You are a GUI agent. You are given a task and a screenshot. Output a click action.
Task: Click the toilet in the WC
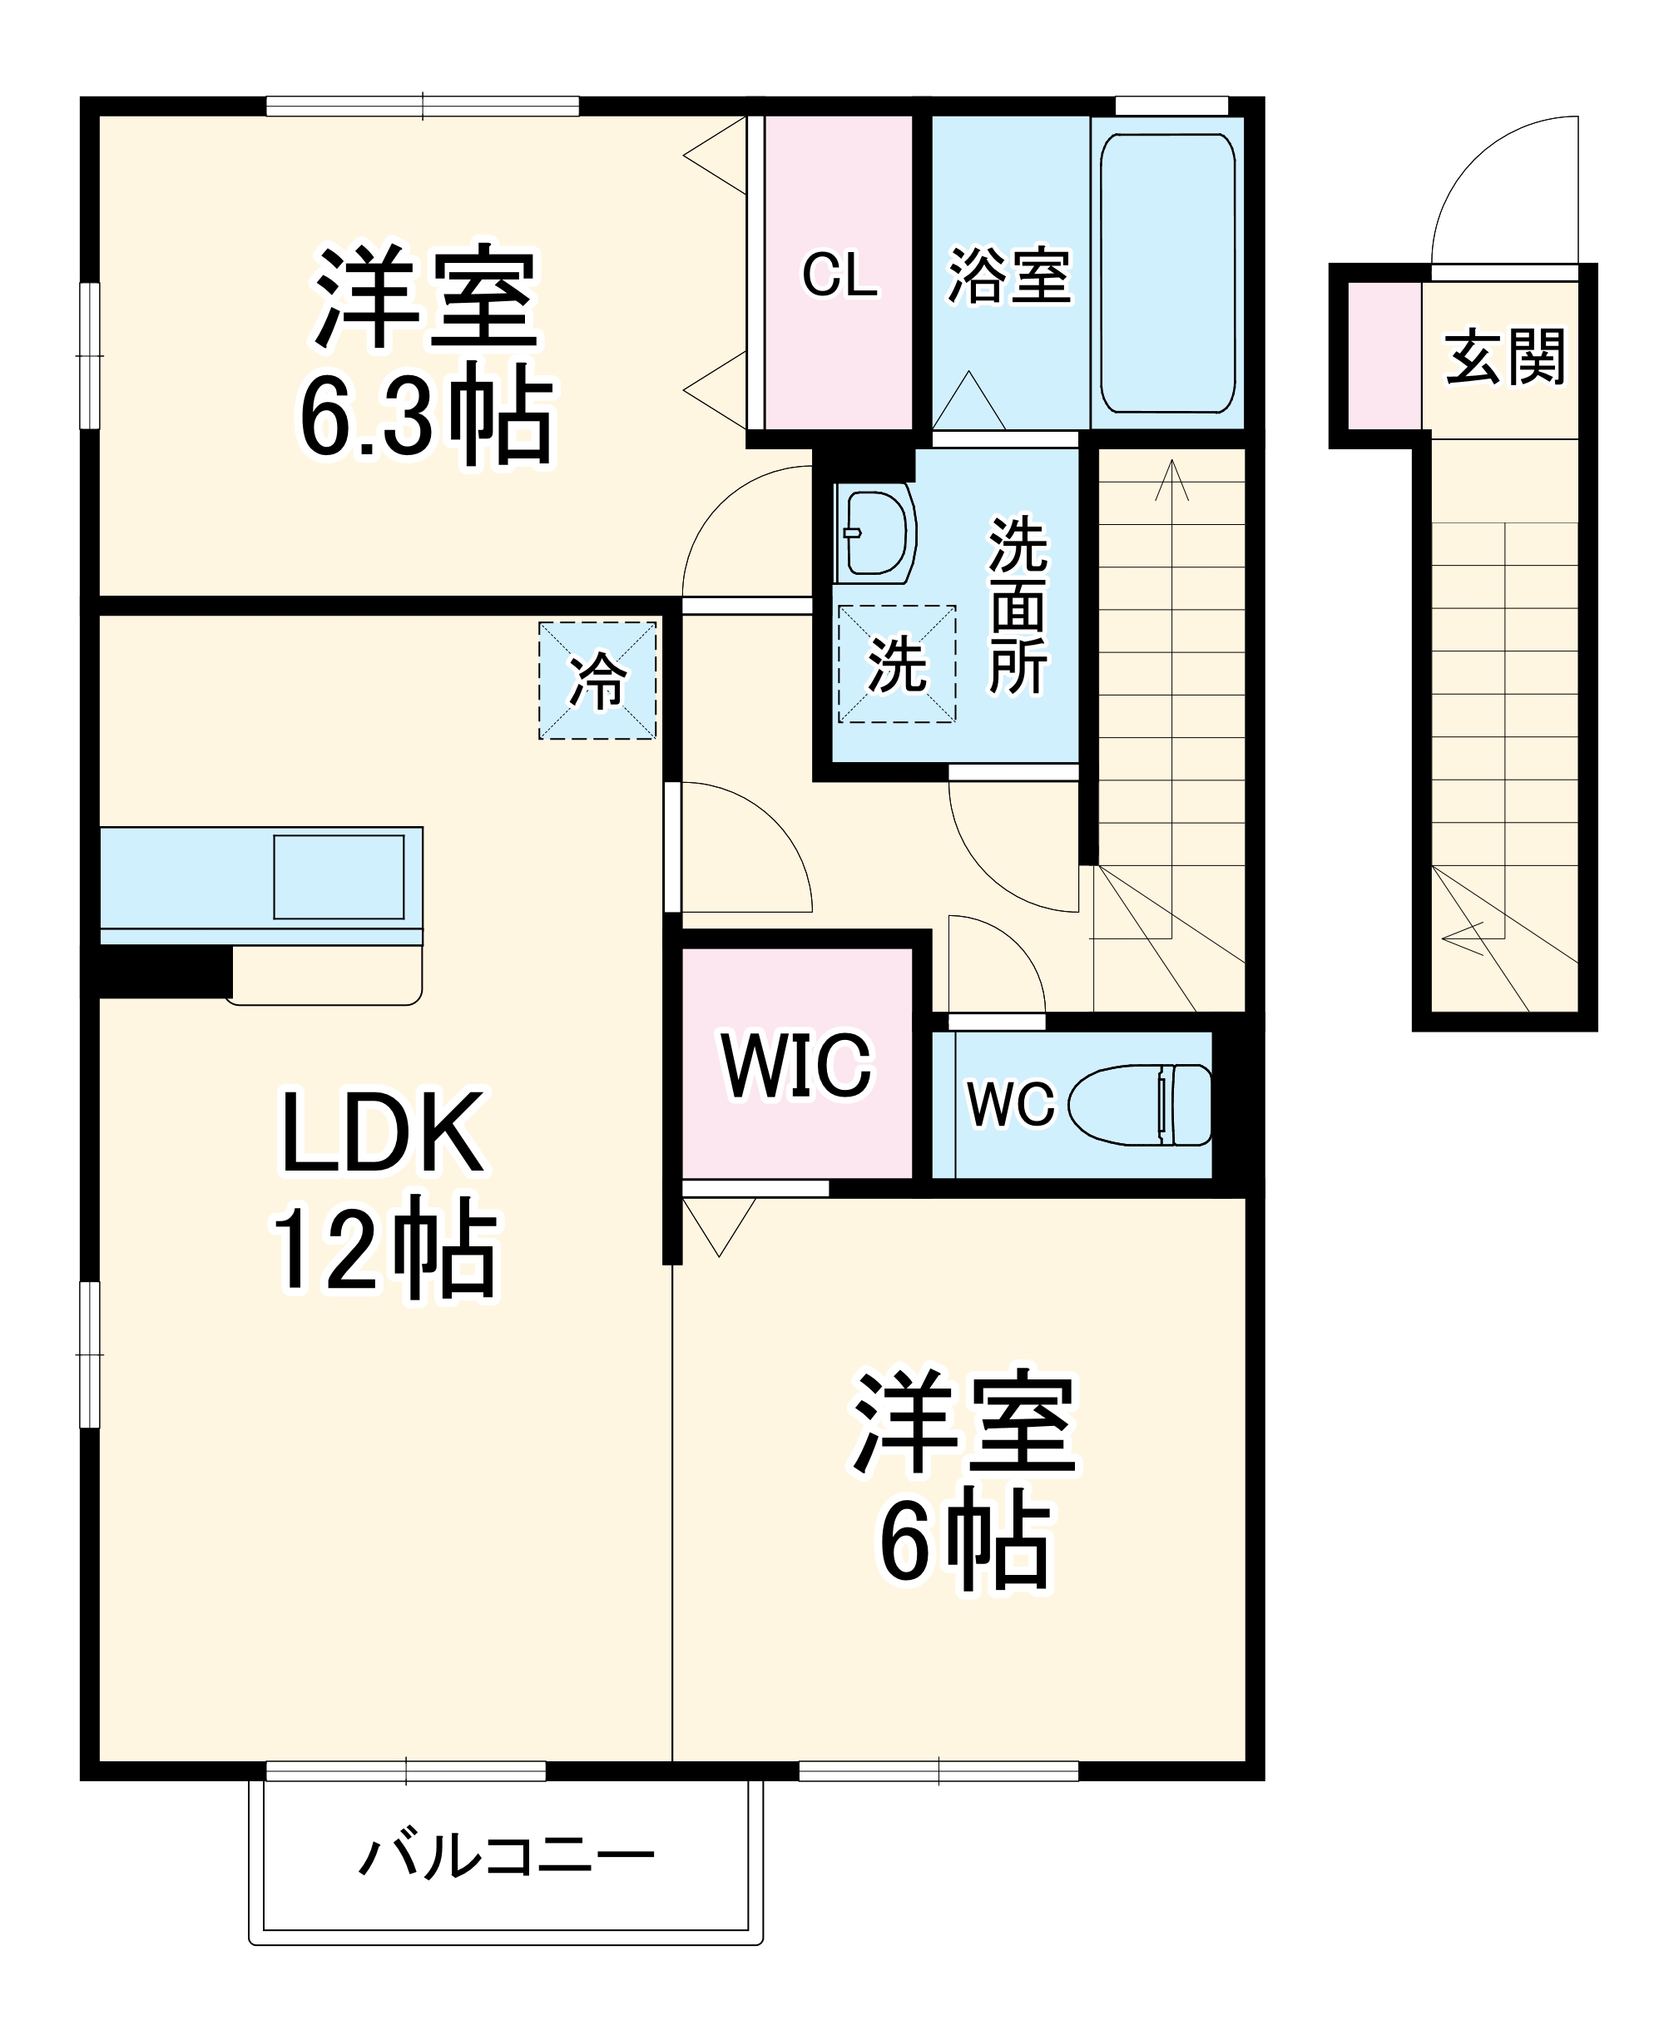[1141, 1105]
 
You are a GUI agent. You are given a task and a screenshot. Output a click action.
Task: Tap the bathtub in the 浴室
[1166, 273]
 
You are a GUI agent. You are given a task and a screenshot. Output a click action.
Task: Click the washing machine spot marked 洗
[896, 663]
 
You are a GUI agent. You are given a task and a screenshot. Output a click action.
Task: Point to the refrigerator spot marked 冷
[597, 681]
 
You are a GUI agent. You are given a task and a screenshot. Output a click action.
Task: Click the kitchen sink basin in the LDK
[339, 877]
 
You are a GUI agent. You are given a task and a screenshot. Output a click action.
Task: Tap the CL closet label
[839, 275]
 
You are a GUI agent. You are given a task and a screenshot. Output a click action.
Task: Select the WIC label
[796, 1065]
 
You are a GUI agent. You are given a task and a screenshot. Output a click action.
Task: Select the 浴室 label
[1008, 276]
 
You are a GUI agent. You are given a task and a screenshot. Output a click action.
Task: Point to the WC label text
[1010, 1104]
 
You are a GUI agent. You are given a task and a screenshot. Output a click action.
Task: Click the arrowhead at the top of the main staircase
[1171, 478]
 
